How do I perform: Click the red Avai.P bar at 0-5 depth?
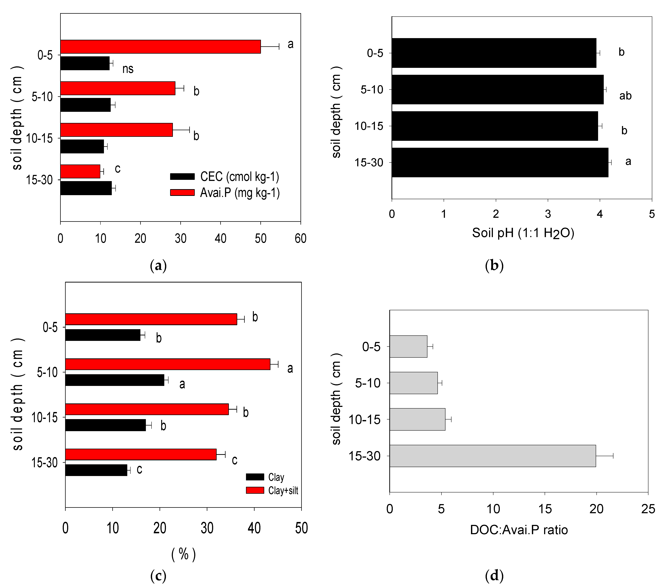[x=161, y=47]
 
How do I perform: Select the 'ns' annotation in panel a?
[x=128, y=69]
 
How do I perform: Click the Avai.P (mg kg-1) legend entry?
[x=224, y=193]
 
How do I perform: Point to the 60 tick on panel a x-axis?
[x=300, y=239]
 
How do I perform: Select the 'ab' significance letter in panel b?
[x=625, y=96]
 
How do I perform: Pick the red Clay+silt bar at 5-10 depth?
[x=168, y=364]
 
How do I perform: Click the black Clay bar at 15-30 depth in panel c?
[x=96, y=470]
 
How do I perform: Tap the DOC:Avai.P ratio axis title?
[x=519, y=530]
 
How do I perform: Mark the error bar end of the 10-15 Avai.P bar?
[x=189, y=130]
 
